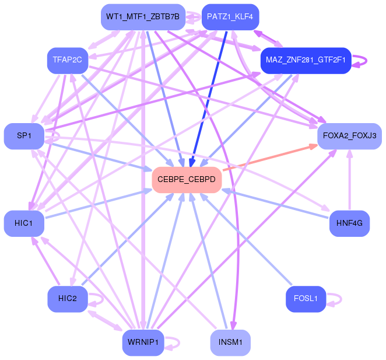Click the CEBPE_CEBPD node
click(186, 180)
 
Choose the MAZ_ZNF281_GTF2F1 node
click(305, 60)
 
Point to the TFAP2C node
click(67, 60)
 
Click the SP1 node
click(24, 136)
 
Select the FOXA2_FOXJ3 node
click(349, 136)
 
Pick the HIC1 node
click(24, 223)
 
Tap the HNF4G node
click(349, 223)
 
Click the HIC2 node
click(67, 299)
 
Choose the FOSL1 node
click(306, 299)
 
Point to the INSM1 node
click(230, 342)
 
